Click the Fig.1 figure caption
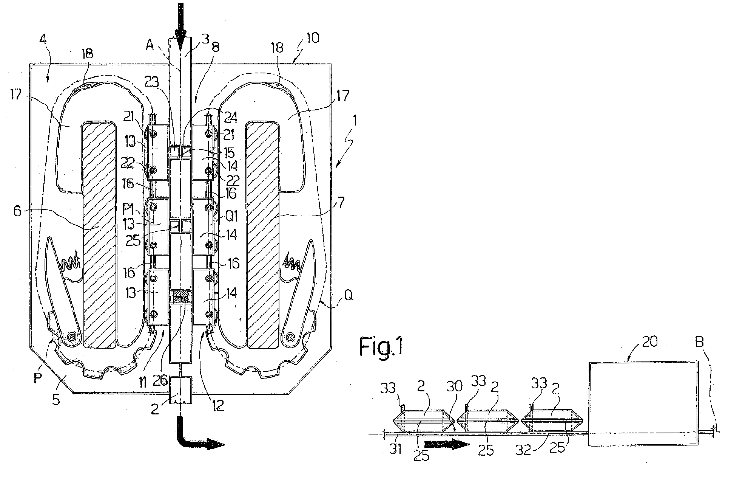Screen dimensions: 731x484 [x=381, y=346]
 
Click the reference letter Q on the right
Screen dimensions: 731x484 [x=348, y=296]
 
